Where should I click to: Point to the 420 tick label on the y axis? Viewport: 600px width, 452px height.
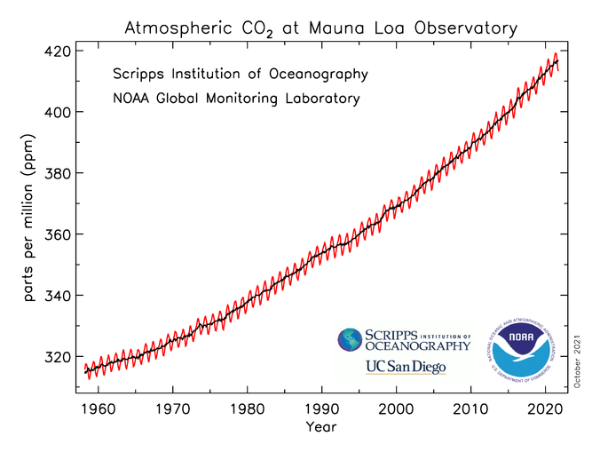pyautogui.click(x=56, y=52)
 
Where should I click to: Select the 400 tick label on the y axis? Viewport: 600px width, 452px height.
pyautogui.click(x=56, y=113)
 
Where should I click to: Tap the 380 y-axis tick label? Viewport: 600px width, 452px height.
pyautogui.click(x=56, y=174)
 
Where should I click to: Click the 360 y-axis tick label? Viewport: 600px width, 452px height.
pyautogui.click(x=56, y=235)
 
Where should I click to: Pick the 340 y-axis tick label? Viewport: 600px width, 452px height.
pyautogui.click(x=56, y=296)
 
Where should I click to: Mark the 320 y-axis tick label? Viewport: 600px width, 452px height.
pyautogui.click(x=56, y=357)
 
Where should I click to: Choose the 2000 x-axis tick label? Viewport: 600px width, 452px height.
pyautogui.click(x=398, y=410)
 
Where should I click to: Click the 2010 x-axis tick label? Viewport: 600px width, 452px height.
pyautogui.click(x=473, y=410)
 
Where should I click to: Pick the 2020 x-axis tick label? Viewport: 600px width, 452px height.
pyautogui.click(x=549, y=410)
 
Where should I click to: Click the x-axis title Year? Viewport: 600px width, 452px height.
pyautogui.click(x=320, y=428)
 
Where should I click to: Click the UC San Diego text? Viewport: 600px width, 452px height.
pyautogui.click(x=405, y=367)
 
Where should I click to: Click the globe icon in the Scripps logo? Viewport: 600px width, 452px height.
pyautogui.click(x=351, y=340)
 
